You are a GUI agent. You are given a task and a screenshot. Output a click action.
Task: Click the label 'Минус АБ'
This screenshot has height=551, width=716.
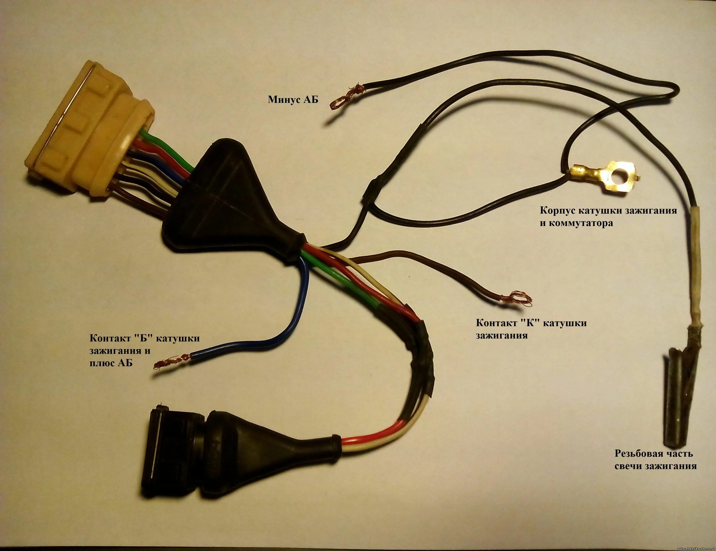pyautogui.click(x=293, y=99)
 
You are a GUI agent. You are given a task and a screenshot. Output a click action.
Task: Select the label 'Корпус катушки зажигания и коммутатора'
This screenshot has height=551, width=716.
pyautogui.click(x=608, y=217)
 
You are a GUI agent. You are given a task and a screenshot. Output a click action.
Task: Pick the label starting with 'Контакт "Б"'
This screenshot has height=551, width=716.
pyautogui.click(x=144, y=350)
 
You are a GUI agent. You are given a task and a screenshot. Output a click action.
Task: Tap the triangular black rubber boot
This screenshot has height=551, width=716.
pyautogui.click(x=226, y=197)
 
